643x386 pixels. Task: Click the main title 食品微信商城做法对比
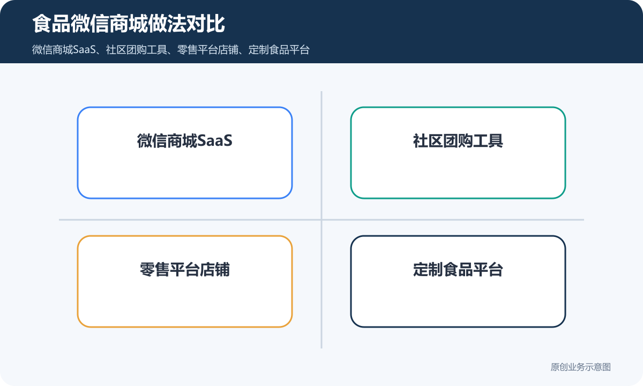click(x=128, y=24)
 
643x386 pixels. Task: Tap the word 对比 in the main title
click(x=206, y=24)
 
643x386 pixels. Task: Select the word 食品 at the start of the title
click(x=51, y=24)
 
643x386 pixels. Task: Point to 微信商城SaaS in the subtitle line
click(x=64, y=50)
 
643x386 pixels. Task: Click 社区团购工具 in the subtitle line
click(x=136, y=50)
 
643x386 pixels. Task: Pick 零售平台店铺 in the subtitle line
click(x=207, y=50)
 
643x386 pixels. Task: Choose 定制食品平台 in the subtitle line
click(x=279, y=50)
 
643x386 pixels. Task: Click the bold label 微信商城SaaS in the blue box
click(x=184, y=140)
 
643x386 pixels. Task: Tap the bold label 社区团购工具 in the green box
click(x=458, y=140)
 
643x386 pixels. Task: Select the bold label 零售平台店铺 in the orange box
click(x=184, y=269)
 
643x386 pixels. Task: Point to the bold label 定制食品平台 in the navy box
click(x=458, y=269)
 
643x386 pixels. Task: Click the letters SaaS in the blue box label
click(x=215, y=140)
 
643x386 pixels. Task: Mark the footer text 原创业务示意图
click(x=580, y=367)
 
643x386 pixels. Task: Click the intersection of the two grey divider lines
click(x=322, y=220)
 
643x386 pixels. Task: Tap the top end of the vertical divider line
click(x=322, y=92)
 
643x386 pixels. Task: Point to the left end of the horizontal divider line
click(x=59, y=220)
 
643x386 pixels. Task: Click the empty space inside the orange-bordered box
click(x=184, y=301)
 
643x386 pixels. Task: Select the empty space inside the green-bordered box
click(x=458, y=172)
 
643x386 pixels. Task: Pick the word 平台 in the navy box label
click(x=488, y=269)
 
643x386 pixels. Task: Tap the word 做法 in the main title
click(x=167, y=24)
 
